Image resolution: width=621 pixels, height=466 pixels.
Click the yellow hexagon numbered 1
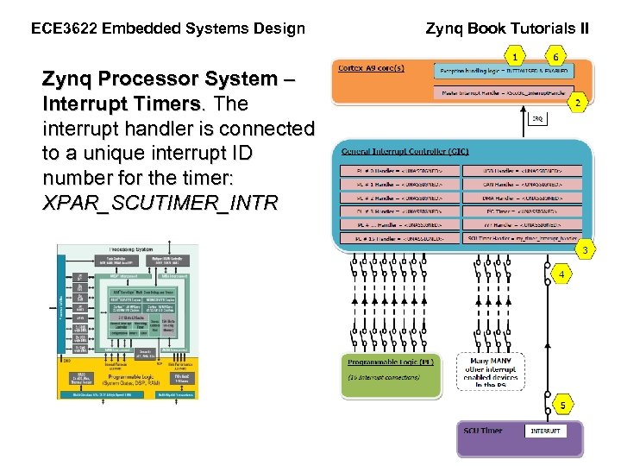pyautogui.click(x=515, y=56)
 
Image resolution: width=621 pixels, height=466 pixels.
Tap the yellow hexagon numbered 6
pyautogui.click(x=556, y=56)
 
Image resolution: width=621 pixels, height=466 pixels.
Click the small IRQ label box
pyautogui.click(x=536, y=119)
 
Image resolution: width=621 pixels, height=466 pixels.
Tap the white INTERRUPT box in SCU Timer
pyautogui.click(x=545, y=431)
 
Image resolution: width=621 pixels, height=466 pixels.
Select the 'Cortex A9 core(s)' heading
pyautogui.click(x=372, y=68)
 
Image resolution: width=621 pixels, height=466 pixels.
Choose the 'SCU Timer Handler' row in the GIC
pyautogui.click(x=524, y=237)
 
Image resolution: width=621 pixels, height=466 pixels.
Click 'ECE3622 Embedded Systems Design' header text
pyautogui.click(x=168, y=28)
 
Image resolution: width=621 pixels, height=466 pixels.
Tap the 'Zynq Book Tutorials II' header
pyautogui.click(x=508, y=28)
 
